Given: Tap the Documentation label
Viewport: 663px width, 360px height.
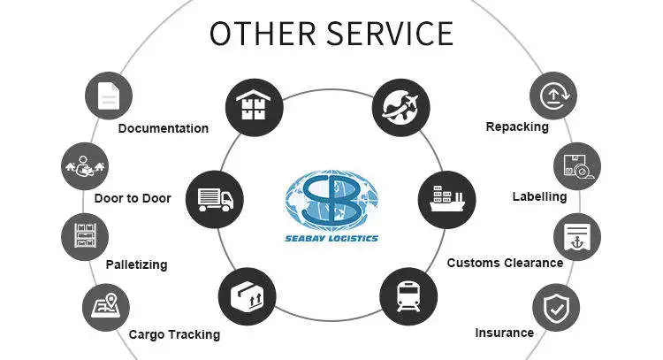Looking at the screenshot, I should [x=164, y=128].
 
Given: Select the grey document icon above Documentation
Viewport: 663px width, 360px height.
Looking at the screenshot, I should [x=108, y=95].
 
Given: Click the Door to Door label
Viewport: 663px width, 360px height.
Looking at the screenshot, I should [x=133, y=198].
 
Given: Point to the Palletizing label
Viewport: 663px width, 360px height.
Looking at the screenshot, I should [x=136, y=264].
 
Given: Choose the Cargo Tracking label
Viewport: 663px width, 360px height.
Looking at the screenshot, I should [x=174, y=334].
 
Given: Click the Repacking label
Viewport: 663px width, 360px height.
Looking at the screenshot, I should [x=517, y=126].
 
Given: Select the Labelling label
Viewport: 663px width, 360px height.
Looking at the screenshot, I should [x=539, y=196].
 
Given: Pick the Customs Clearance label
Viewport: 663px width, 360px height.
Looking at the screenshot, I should [x=505, y=263].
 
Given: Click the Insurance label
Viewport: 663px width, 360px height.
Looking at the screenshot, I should [x=504, y=333].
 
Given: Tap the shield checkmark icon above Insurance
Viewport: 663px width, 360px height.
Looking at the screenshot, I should [x=556, y=308].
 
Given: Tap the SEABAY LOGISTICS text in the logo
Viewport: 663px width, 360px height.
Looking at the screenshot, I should [x=332, y=237].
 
